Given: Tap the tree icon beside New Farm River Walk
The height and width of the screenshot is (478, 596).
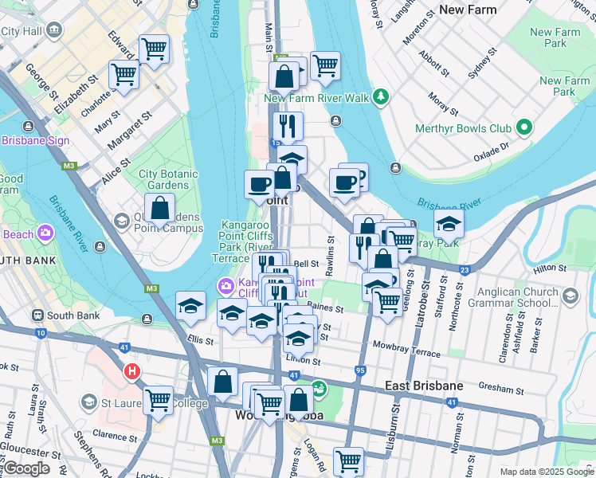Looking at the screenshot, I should coord(382,97).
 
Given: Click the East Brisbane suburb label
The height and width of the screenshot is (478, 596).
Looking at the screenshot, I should coord(423,386).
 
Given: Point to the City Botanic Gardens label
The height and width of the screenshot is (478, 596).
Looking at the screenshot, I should coord(163,179).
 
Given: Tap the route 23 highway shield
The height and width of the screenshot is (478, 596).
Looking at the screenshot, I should coord(463,270).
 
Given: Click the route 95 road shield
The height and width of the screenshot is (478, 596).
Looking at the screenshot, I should coord(360,370).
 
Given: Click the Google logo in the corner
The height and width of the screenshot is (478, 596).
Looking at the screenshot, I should coord(26,468).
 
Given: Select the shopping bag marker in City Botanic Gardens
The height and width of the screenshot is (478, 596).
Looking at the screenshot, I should coord(159,209).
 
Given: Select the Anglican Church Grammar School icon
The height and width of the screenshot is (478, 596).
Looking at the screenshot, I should coord(570,296).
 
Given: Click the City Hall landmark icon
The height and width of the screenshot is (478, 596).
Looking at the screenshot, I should coord(54,31).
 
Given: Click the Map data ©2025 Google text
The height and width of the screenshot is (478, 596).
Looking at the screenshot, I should coord(546,472).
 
